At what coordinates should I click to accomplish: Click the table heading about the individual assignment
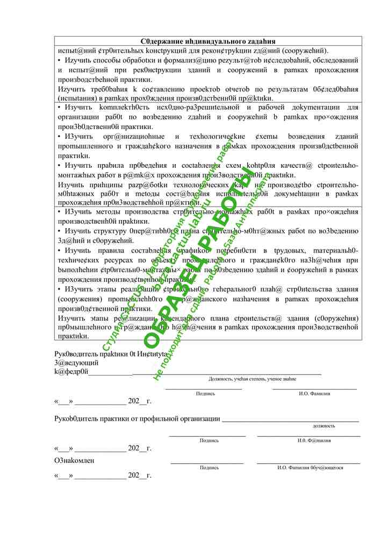pos(208,41)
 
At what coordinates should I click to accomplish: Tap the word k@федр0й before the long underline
pos(71,371)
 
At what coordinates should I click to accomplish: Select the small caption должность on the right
pos(324,426)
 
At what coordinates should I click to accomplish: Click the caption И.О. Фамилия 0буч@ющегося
pos(310,468)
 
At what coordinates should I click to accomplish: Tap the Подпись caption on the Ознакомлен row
pos(209,468)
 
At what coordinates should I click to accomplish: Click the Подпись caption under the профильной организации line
pos(209,440)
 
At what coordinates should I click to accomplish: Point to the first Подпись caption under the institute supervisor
pos(205,393)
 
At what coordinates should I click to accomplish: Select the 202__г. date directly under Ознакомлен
pos(139,476)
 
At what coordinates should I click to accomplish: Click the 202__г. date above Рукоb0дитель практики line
pos(139,401)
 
